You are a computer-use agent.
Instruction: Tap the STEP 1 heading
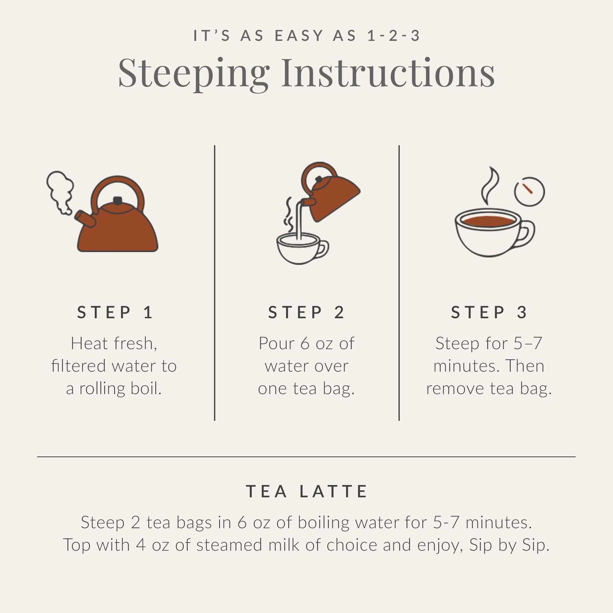click(116, 312)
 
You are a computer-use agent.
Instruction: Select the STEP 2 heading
click(306, 312)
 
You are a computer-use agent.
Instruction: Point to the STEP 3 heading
click(489, 312)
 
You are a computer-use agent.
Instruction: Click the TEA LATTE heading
click(306, 491)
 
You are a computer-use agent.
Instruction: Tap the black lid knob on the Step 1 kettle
click(117, 201)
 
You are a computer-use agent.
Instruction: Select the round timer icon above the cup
click(529, 191)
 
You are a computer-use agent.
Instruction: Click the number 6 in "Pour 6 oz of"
click(305, 343)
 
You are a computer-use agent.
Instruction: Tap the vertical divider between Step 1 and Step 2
click(215, 282)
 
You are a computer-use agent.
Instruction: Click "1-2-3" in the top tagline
click(394, 36)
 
